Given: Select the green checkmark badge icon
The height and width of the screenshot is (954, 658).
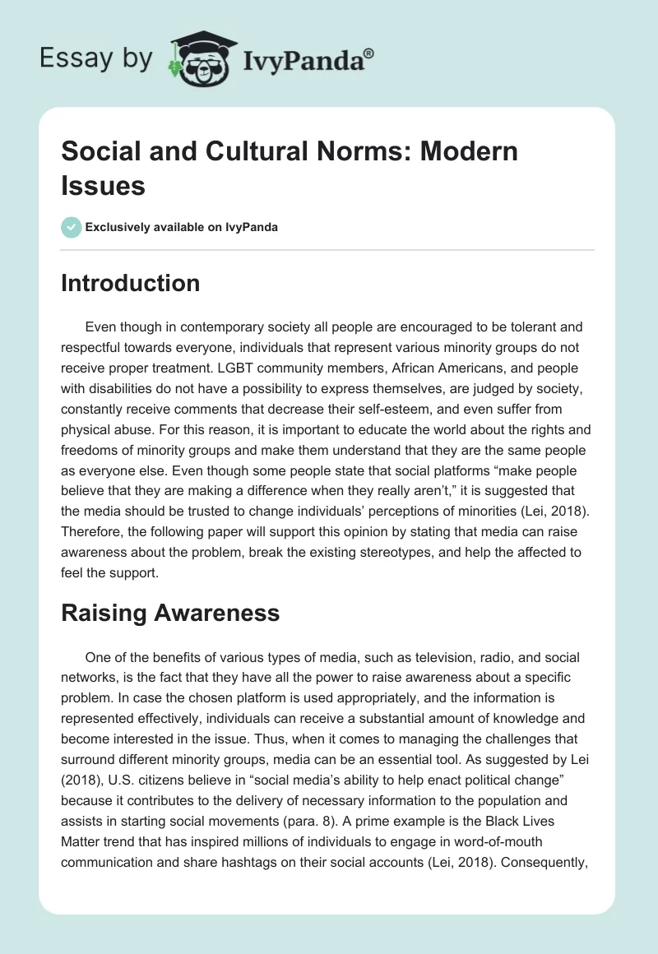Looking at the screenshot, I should pyautogui.click(x=72, y=227).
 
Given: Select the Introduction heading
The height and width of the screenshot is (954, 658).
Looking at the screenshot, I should pyautogui.click(x=130, y=283).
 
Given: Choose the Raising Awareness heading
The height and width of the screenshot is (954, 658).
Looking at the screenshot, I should pyautogui.click(x=170, y=612).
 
